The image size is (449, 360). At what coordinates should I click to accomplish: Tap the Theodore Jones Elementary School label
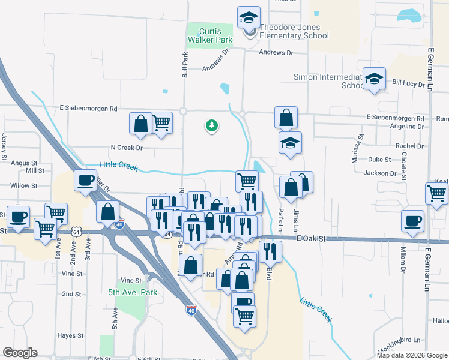point(294,31)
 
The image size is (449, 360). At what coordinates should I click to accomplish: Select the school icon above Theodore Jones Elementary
point(248,18)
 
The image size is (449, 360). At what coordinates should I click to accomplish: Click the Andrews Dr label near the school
point(276,53)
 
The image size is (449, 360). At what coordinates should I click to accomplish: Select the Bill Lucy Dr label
point(408,82)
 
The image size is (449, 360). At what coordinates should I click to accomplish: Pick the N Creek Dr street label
point(127,147)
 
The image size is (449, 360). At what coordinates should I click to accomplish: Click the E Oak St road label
point(311,238)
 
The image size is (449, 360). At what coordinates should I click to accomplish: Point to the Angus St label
point(25,163)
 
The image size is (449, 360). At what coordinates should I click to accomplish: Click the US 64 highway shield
point(76,231)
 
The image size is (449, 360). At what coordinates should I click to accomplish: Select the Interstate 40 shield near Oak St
point(119,221)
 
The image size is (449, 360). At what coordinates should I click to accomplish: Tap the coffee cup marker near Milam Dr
point(413,221)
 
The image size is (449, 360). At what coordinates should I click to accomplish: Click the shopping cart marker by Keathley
point(436,194)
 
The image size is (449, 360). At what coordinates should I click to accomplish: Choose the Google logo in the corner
point(20,353)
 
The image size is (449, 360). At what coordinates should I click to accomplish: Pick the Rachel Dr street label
point(410,146)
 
